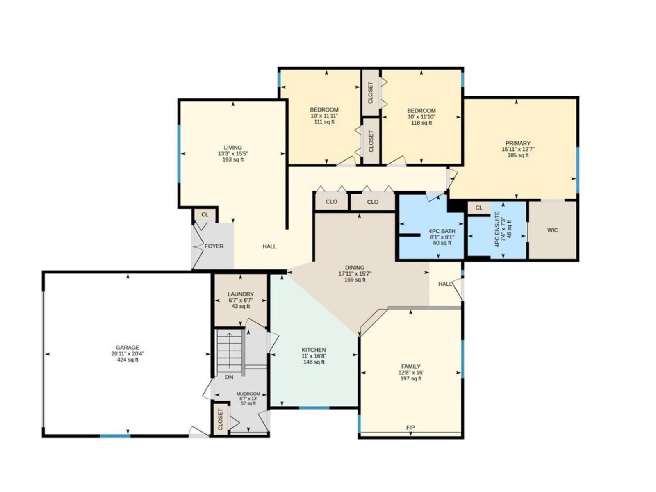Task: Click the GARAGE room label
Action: [128, 347]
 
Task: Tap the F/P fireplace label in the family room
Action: [410, 428]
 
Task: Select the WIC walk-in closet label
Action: [552, 230]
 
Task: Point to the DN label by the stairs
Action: [229, 377]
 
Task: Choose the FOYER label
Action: [214, 246]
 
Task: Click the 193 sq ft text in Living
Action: [233, 159]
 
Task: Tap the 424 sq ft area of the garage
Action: [128, 360]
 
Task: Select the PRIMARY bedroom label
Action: [518, 143]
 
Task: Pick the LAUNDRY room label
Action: [241, 294]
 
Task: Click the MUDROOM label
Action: [248, 394]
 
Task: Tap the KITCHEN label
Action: [314, 350]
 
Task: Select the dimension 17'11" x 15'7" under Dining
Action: [355, 273]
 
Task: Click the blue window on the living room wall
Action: [179, 153]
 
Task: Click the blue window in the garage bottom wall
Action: [115, 436]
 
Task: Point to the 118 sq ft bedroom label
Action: [421, 123]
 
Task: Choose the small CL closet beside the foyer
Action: [205, 215]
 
